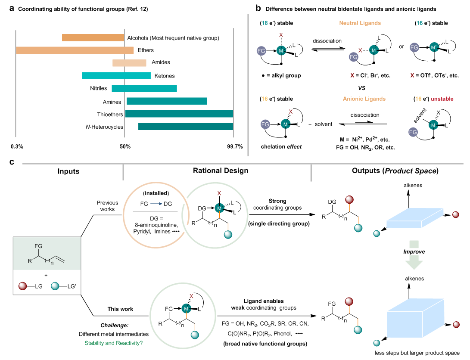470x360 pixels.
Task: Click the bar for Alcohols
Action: (x=93, y=37)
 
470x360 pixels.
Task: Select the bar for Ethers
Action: (x=75, y=50)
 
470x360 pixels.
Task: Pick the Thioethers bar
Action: (x=179, y=114)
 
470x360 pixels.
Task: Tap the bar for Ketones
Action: (x=116, y=76)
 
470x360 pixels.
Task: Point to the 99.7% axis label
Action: (x=235, y=146)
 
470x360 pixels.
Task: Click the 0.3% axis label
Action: (x=17, y=146)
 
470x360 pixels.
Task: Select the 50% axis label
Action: (x=125, y=146)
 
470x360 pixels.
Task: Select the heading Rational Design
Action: (x=217, y=171)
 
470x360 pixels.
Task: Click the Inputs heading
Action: (x=68, y=171)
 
